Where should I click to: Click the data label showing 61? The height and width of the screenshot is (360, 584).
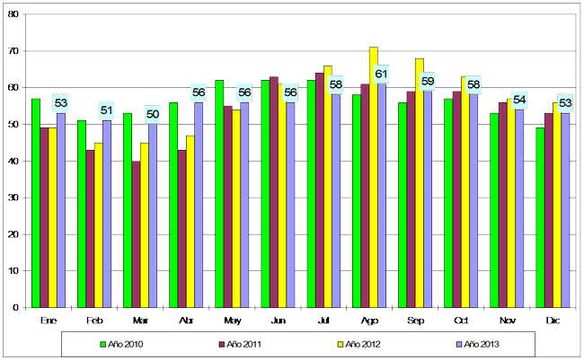click(x=381, y=74)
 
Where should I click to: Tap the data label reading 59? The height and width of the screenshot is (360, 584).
click(x=428, y=81)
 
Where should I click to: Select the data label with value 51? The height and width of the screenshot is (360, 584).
click(x=107, y=110)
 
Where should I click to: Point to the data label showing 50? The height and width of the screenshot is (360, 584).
click(x=153, y=114)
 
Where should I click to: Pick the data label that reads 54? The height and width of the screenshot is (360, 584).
click(x=519, y=99)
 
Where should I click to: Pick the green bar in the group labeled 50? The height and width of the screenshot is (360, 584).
click(x=128, y=210)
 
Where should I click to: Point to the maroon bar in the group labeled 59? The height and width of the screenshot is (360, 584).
click(x=411, y=198)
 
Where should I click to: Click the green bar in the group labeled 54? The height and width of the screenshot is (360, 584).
click(x=494, y=210)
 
